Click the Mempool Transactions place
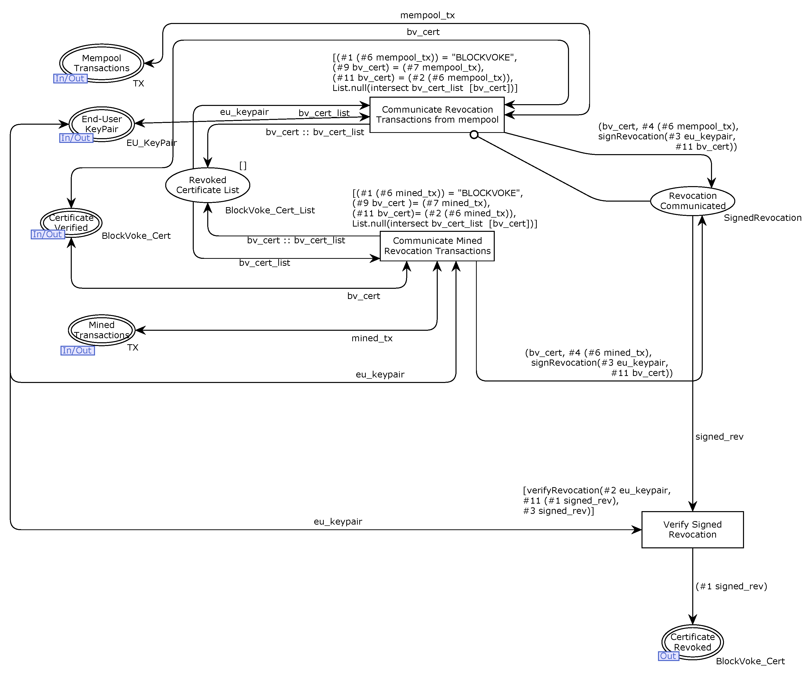point(101,63)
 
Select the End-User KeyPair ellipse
point(101,124)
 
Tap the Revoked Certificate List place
point(207,185)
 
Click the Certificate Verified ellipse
point(71,222)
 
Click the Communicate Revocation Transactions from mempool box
point(437,115)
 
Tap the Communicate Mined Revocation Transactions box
point(437,246)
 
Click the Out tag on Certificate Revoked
point(668,656)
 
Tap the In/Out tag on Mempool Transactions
point(70,78)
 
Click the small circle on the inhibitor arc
point(474,134)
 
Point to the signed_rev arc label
point(719,436)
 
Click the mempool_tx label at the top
point(427,15)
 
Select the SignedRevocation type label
point(762,218)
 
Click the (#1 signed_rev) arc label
point(731,586)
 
